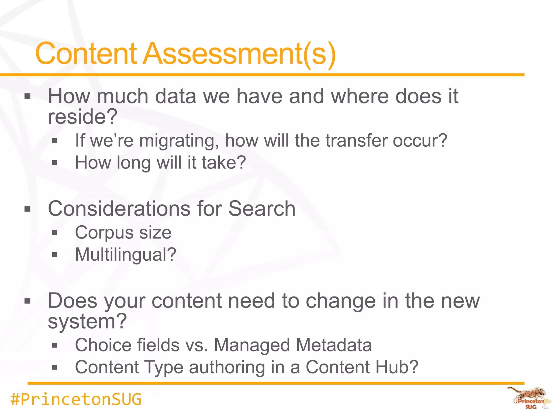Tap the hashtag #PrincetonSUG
point(76,399)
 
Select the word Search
point(262,209)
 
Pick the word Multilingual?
point(126,255)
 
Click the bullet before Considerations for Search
point(27,209)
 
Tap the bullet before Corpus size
point(55,233)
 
